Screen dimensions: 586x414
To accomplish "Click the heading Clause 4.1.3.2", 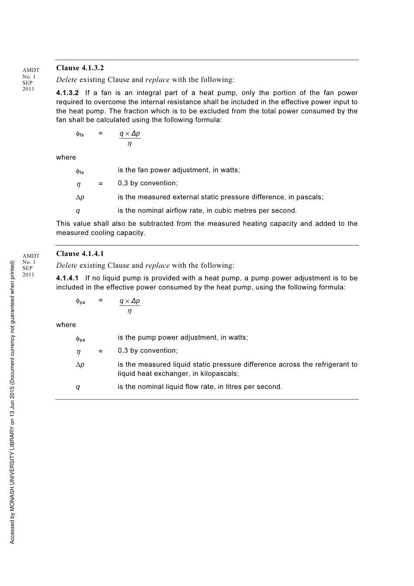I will click(80, 68).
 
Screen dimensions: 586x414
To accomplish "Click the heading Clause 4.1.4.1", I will click(80, 254).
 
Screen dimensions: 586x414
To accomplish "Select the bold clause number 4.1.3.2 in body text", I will click(68, 93).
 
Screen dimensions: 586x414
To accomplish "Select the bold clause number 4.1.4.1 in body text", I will click(68, 278).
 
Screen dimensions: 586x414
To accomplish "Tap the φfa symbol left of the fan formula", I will click(79, 134).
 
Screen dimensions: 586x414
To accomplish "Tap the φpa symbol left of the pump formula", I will click(80, 301).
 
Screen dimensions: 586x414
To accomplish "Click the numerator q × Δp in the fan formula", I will click(130, 133).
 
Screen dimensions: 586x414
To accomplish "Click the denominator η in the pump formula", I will click(129, 311).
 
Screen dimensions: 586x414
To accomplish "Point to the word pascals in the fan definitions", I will click(309, 197).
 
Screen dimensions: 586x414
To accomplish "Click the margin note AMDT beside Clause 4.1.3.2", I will click(31, 70).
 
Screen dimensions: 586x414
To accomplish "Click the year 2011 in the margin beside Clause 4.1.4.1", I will click(28, 275).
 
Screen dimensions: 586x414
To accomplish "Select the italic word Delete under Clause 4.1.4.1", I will click(67, 266).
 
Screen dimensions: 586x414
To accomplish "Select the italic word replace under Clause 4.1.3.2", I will click(157, 80).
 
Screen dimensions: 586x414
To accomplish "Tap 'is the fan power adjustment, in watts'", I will click(179, 170).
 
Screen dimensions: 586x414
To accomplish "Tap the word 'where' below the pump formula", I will click(66, 325).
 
